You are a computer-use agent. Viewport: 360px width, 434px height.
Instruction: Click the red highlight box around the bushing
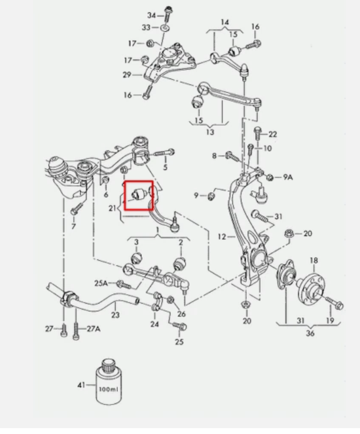point(138,195)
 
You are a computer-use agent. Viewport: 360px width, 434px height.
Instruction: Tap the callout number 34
point(151,15)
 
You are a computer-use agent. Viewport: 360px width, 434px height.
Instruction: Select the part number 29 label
point(127,74)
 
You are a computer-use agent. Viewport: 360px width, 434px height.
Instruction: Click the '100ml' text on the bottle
point(108,390)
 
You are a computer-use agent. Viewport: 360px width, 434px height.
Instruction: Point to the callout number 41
point(81,385)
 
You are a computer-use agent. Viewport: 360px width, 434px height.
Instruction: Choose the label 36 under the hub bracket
point(310,334)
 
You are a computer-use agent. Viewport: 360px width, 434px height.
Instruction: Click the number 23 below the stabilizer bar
point(115,315)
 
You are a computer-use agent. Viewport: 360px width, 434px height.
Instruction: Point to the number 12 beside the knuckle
point(222,237)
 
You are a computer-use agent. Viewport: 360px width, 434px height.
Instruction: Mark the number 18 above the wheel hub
point(313,260)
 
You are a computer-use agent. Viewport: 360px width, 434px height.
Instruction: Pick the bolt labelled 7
point(75,210)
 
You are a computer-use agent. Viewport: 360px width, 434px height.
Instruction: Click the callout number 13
point(210,132)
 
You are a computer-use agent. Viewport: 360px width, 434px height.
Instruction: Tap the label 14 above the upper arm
point(224,22)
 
